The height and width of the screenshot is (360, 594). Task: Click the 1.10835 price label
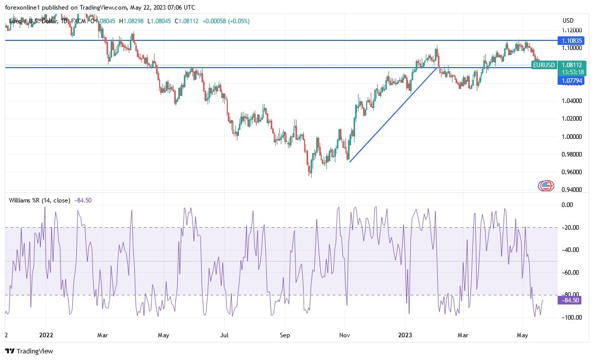(571, 40)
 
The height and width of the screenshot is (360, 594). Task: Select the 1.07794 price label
(571, 80)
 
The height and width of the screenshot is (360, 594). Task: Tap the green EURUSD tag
(544, 65)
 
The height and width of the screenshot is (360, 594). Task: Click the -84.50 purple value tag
(571, 300)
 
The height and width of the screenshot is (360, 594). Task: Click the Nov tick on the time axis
(345, 334)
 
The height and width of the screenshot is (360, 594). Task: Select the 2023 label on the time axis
(406, 334)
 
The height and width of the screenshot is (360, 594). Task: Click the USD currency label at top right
(568, 21)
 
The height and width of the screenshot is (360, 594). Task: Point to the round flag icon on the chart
(546, 185)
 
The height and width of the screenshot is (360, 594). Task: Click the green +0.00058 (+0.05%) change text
(226, 21)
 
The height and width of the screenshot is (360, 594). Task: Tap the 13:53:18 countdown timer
(572, 72)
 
